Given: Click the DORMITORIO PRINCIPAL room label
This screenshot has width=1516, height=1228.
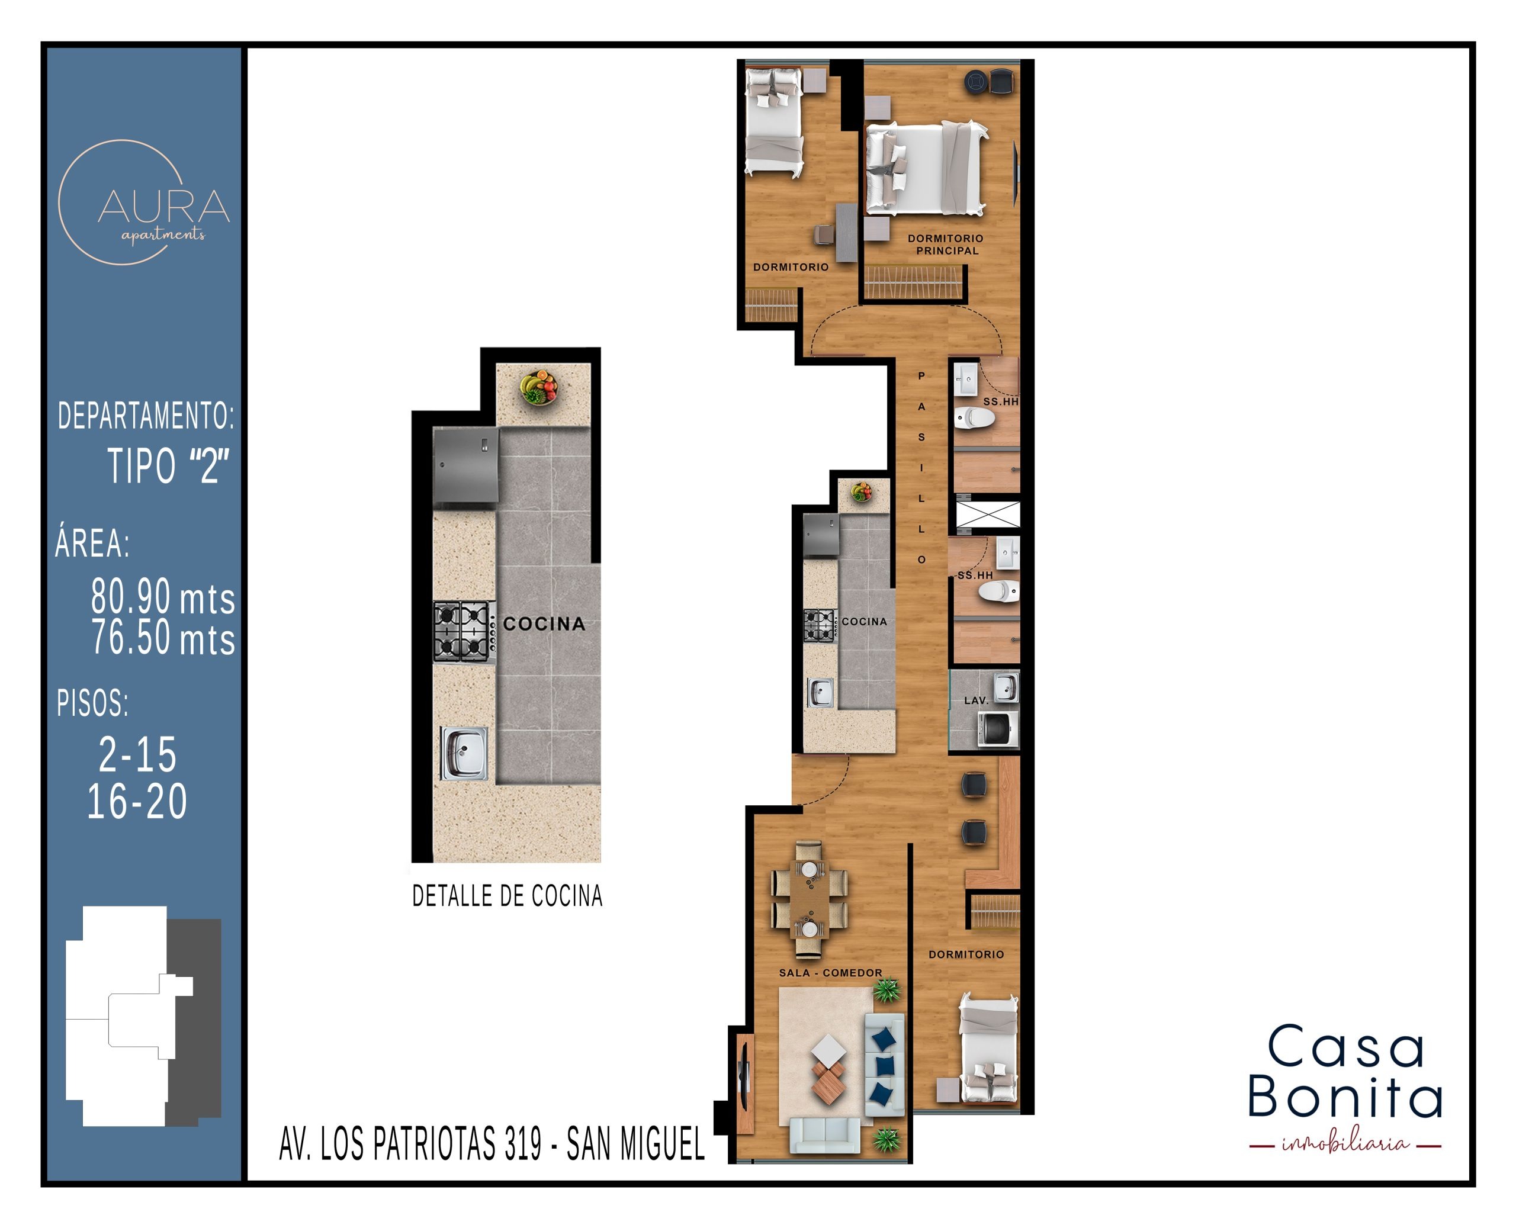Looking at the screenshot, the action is coord(946,245).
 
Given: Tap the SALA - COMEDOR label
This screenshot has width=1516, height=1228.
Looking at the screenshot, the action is coord(830,973).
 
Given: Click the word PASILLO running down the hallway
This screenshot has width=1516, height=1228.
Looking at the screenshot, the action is coord(921,468).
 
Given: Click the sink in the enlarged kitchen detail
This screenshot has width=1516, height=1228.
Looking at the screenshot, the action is coord(464,753).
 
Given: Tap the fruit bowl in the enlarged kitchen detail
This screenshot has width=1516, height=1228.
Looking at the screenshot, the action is coord(539,388).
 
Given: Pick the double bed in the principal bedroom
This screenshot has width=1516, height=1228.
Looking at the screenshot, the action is coord(926,168).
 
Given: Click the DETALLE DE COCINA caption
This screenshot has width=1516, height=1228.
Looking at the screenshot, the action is coord(508,896).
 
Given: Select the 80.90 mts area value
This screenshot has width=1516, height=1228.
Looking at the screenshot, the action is coord(163,596).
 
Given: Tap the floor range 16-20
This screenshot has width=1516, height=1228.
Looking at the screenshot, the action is coord(137,802).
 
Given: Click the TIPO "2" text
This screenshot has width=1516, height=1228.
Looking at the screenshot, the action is coord(168,465).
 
